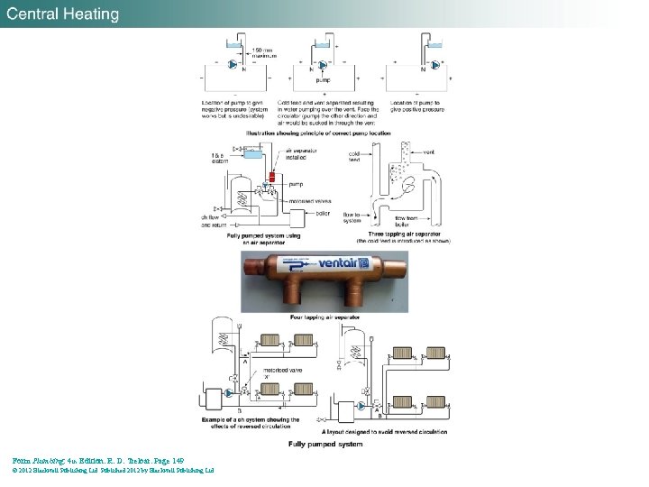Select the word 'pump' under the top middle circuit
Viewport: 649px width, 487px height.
click(x=322, y=80)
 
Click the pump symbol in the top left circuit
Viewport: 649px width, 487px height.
click(x=233, y=65)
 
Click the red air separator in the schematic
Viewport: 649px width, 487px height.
click(x=271, y=176)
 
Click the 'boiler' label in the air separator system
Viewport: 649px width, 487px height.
click(x=323, y=213)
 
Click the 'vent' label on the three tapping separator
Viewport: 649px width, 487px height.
click(x=429, y=153)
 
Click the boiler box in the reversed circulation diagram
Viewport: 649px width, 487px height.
click(x=214, y=399)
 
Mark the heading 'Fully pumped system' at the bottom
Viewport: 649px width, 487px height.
click(x=325, y=445)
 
